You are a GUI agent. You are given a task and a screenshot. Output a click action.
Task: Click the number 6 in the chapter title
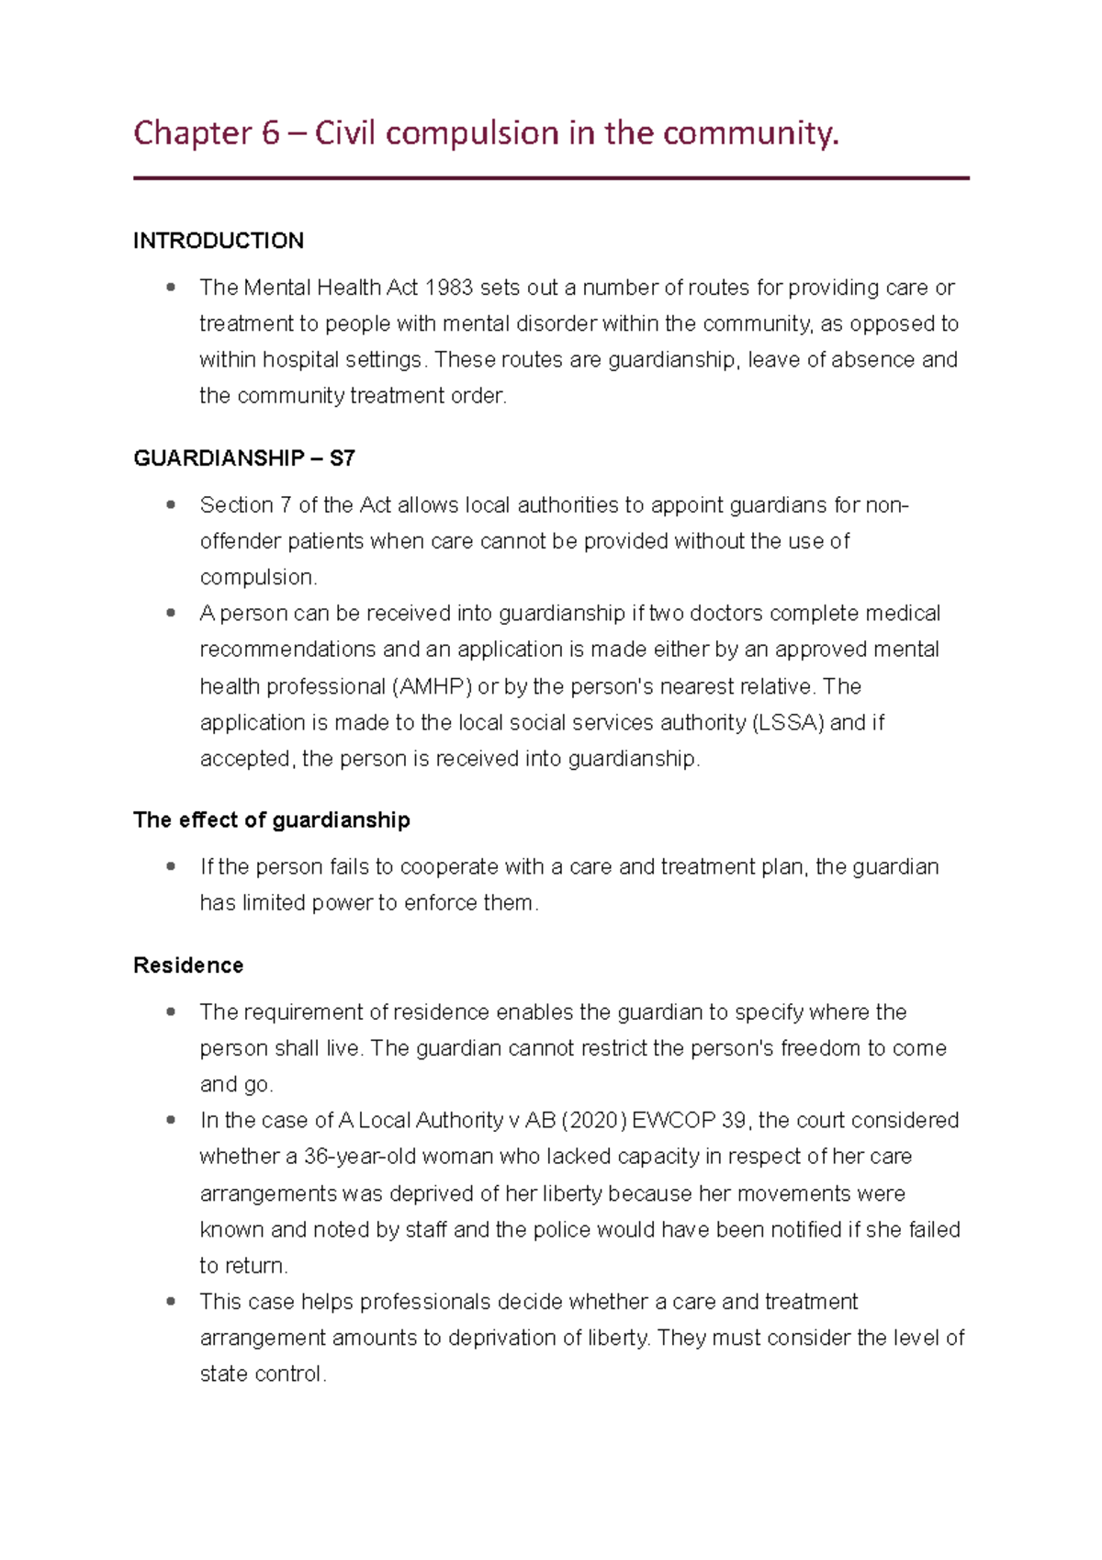point(270,134)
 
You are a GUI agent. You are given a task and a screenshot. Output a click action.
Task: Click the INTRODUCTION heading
point(219,241)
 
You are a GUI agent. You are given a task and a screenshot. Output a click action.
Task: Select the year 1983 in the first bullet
point(449,288)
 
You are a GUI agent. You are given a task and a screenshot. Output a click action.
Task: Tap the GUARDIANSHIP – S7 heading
point(244,458)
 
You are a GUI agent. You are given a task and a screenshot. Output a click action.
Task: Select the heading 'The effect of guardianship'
point(272,820)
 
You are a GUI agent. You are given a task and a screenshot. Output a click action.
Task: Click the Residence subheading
point(188,965)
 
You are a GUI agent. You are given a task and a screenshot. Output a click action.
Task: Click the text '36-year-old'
point(361,1157)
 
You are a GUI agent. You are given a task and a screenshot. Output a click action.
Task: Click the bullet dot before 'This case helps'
point(171,1302)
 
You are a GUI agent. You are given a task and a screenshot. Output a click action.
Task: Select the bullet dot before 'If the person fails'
point(171,866)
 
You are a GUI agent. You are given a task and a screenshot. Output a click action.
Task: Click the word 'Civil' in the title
point(346,134)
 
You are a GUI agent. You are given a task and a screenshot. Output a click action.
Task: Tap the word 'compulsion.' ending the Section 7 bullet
point(259,578)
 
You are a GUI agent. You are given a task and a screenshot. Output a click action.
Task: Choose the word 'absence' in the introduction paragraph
point(872,360)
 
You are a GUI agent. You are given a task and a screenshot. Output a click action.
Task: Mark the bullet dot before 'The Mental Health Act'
point(171,288)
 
